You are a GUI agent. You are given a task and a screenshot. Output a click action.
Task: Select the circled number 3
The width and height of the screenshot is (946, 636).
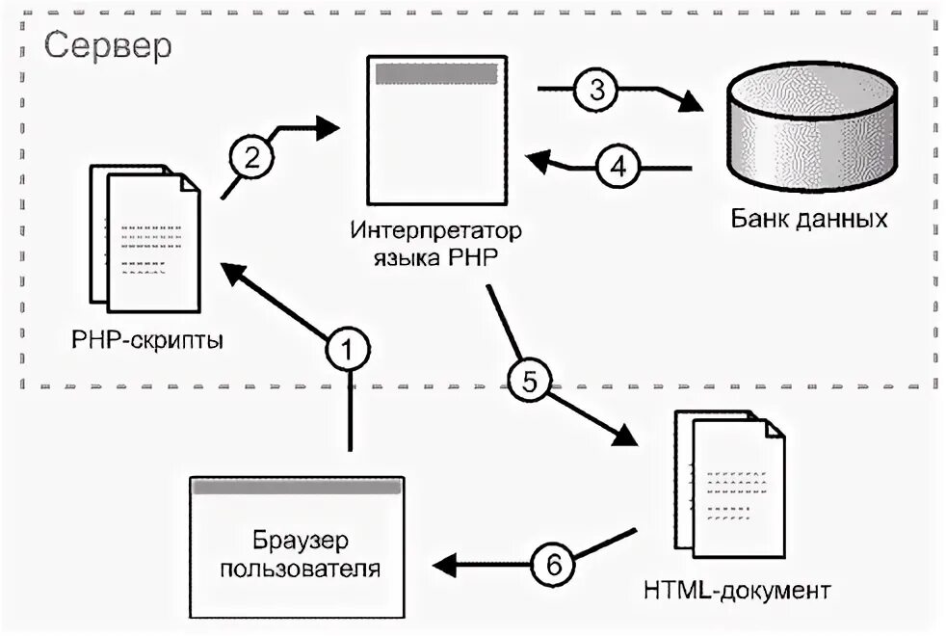pos(596,90)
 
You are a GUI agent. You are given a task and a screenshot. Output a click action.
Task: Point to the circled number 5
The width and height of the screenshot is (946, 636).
pos(529,379)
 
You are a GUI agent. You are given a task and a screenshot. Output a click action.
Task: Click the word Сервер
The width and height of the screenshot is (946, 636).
pos(108,45)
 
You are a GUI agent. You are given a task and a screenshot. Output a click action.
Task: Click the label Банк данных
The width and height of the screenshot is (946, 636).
pos(807,218)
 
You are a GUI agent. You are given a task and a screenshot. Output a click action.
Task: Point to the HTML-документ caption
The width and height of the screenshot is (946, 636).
pos(734,587)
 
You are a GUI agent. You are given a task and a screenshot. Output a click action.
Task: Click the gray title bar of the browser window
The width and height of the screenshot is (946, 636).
pos(297,488)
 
